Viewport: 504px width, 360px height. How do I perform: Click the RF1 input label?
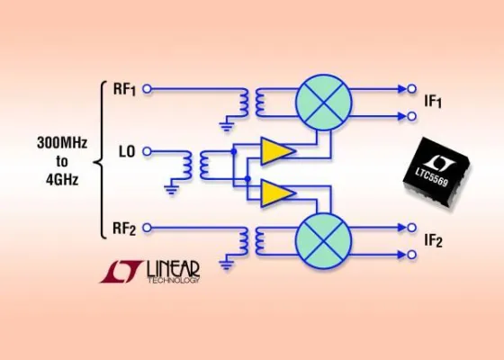[125, 89]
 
